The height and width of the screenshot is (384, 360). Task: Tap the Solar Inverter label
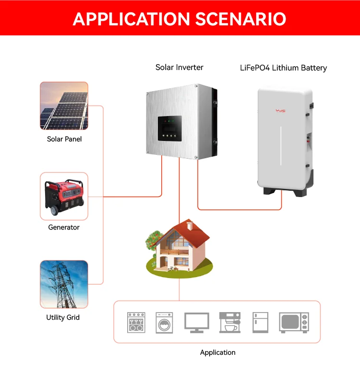tap(180, 68)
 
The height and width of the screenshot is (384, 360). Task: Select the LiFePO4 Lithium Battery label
tap(283, 68)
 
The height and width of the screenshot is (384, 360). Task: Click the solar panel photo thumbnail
tap(64, 105)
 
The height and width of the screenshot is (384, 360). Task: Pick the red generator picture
tap(64, 197)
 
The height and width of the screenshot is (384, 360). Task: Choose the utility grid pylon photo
tap(64, 284)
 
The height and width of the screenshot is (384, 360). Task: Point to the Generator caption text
tap(64, 227)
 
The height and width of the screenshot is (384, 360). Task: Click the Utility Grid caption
tap(63, 317)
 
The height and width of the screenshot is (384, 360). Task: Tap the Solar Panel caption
tap(64, 139)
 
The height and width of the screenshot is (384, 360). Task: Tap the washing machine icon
tap(164, 323)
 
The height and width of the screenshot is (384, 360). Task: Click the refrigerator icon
tap(261, 323)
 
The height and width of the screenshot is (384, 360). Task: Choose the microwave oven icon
tap(294, 323)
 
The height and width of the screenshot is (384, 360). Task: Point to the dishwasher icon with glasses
tap(136, 323)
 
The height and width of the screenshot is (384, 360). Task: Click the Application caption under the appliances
tap(218, 352)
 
